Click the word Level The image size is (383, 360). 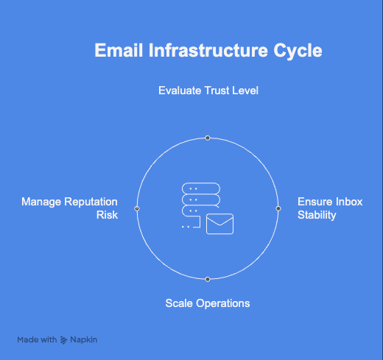click(248, 91)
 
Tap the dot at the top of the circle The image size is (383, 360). click(208, 138)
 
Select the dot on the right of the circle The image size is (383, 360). click(278, 209)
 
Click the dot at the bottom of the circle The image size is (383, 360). click(208, 279)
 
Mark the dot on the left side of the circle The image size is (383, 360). click(137, 209)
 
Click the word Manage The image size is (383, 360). click(41, 202)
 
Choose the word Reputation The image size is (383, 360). click(91, 202)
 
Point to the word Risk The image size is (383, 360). click(107, 216)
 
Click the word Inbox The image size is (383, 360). click(348, 202)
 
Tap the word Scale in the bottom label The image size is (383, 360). click(179, 303)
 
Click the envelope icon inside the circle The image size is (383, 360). click(219, 224)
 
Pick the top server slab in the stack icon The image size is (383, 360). click(201, 188)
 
